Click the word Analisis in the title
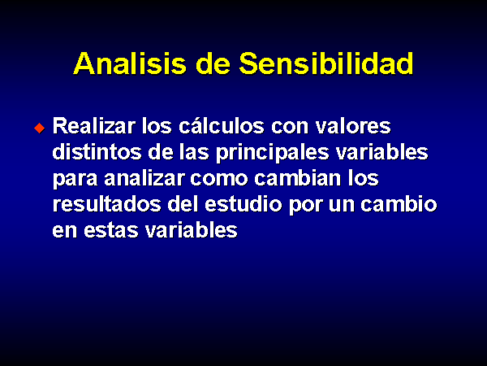pyautogui.click(x=130, y=63)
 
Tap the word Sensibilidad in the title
pyautogui.click(x=325, y=63)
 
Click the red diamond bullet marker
pyautogui.click(x=40, y=128)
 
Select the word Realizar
pyautogui.click(x=94, y=126)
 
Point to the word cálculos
pyautogui.click(x=222, y=126)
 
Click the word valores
pyautogui.click(x=353, y=126)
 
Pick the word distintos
pyautogui.click(x=97, y=152)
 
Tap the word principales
pyautogui.click(x=273, y=154)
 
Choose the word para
pyautogui.click(x=75, y=180)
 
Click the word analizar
pyautogui.click(x=144, y=178)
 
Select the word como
pyautogui.click(x=219, y=179)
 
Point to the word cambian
pyautogui.click(x=298, y=178)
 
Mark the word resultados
pyautogui.click(x=107, y=204)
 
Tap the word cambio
pyautogui.click(x=399, y=204)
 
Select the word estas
pyautogui.click(x=111, y=231)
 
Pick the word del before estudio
pyautogui.click(x=183, y=204)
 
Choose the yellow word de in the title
pyautogui.click(x=213, y=63)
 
